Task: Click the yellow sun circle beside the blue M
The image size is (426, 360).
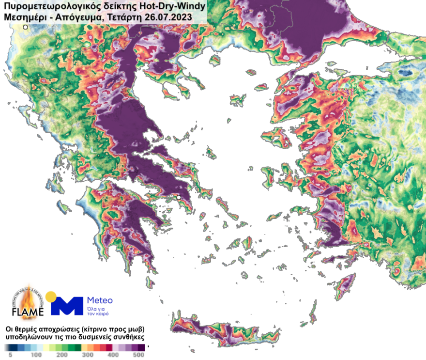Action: [x=50, y=297]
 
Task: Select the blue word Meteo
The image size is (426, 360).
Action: [x=99, y=300]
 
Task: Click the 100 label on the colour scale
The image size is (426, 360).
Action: [x=35, y=355]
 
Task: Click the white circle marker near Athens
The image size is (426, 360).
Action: [x=179, y=197]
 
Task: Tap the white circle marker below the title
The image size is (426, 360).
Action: [x=26, y=27]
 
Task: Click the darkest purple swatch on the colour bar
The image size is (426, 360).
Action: [x=141, y=347]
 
